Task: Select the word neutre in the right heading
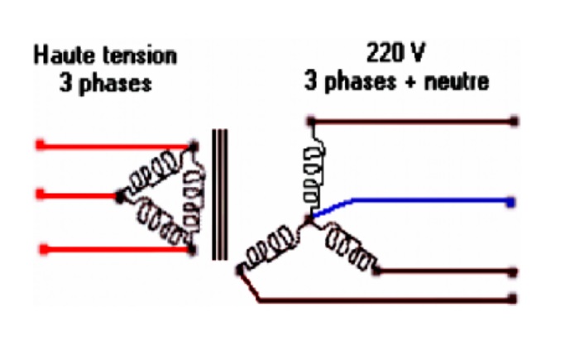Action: pyautogui.click(x=458, y=82)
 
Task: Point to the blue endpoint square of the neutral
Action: pyautogui.click(x=514, y=201)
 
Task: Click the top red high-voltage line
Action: pyautogui.click(x=108, y=146)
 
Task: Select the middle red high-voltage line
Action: pyautogui.click(x=79, y=195)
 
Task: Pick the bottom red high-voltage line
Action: pyautogui.click(x=108, y=247)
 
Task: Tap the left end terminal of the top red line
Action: pyautogui.click(x=40, y=146)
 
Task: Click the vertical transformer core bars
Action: pyautogui.click(x=219, y=194)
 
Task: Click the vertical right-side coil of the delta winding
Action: pyautogui.click(x=194, y=195)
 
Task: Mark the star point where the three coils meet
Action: pyautogui.click(x=309, y=218)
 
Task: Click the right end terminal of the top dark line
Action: pyautogui.click(x=515, y=121)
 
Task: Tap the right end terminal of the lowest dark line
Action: pyautogui.click(x=515, y=299)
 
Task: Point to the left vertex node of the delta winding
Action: pyautogui.click(x=121, y=196)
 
